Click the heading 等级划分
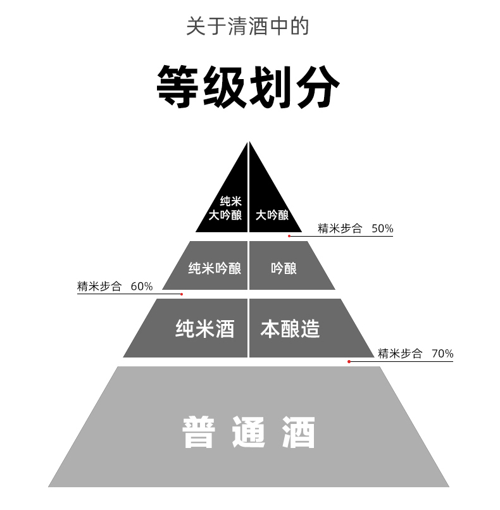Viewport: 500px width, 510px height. point(248,86)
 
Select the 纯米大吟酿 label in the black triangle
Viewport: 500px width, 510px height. point(226,208)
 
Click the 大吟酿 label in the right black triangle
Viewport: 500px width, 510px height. point(272,215)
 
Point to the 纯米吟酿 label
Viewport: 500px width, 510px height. point(215,268)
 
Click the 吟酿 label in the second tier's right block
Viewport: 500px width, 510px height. point(284,268)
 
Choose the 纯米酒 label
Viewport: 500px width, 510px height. point(204,329)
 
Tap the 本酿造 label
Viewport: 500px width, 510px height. point(290,329)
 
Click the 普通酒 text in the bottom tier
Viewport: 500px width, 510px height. point(249,432)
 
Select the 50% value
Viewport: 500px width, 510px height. point(382,228)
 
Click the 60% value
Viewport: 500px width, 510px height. point(142,286)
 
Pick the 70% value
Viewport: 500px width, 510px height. point(442,354)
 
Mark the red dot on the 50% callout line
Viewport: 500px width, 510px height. point(289,236)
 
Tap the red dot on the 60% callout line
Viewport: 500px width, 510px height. point(182,294)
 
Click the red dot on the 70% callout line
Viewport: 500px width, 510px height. point(349,361)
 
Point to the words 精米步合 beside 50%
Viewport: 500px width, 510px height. point(340,228)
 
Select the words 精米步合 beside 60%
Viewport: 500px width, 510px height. point(99,286)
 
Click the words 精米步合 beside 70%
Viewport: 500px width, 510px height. point(400,354)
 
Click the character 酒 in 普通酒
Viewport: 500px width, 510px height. point(298,432)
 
